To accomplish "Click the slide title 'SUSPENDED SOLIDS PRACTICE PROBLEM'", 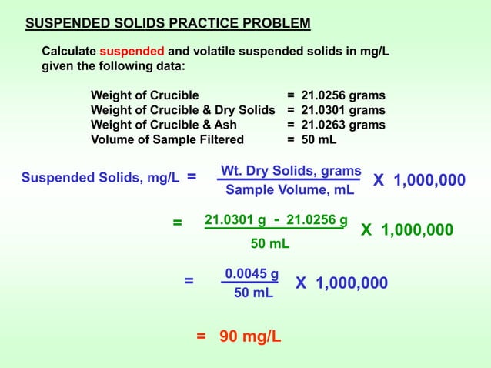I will [x=168, y=22].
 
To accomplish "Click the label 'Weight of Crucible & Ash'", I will [x=164, y=125].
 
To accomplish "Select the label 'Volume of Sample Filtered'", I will [x=167, y=139].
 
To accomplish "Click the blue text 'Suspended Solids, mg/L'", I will [x=101, y=179].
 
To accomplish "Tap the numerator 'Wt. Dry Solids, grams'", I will [x=291, y=170].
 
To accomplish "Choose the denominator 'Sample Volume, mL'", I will [x=290, y=189].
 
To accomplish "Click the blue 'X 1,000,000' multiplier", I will [x=419, y=180].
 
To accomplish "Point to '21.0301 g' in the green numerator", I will [x=235, y=221].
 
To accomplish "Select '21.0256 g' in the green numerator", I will [x=316, y=221].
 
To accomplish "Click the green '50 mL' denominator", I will [x=270, y=244].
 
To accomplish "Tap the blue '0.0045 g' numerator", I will [x=252, y=273].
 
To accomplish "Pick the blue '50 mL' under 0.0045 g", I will [x=253, y=293].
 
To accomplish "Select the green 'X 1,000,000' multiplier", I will [x=407, y=230].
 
